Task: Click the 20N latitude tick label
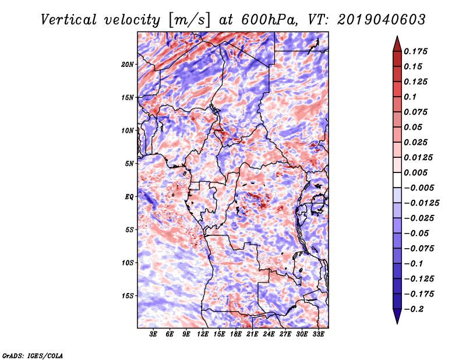click(x=128, y=64)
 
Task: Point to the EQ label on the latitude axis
click(x=129, y=197)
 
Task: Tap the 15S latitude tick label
click(x=128, y=296)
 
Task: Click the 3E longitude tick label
click(x=154, y=334)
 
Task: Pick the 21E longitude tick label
click(x=252, y=334)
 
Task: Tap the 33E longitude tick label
click(x=318, y=334)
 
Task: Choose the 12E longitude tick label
click(x=203, y=334)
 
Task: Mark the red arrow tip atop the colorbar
click(x=397, y=38)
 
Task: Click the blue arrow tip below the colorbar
click(x=397, y=322)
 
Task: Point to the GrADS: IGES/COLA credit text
click(x=32, y=355)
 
